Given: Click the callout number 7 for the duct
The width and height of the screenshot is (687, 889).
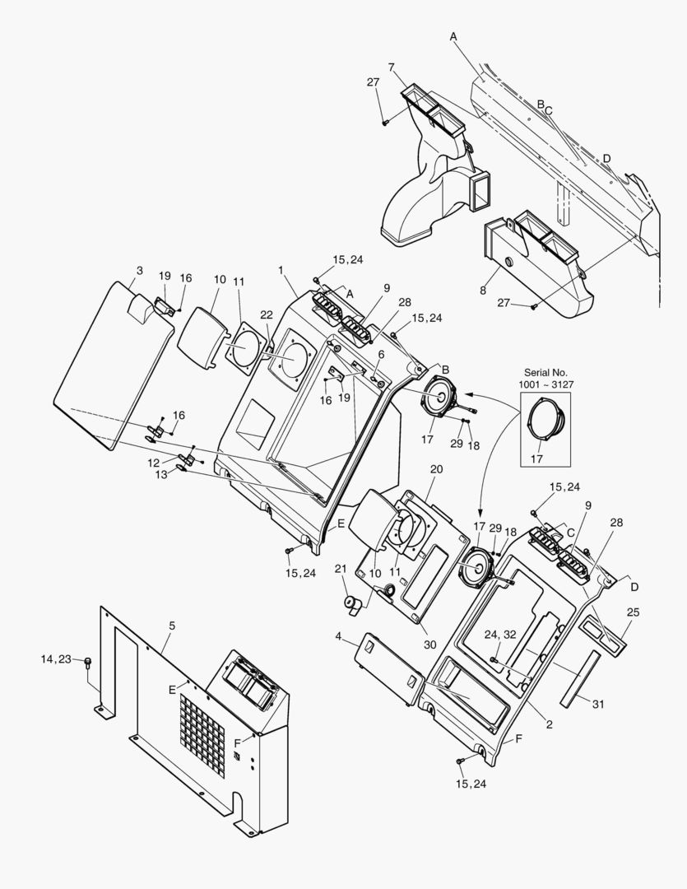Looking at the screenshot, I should [391, 67].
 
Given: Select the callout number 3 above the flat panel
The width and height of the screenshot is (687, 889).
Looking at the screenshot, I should [140, 270].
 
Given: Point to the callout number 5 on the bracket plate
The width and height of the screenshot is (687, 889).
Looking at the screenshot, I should [171, 626].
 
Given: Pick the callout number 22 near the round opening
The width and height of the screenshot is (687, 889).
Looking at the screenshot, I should [266, 315].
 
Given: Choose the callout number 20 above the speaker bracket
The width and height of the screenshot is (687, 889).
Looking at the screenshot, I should [436, 468].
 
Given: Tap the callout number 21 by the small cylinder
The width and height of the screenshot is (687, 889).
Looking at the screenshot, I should [341, 569].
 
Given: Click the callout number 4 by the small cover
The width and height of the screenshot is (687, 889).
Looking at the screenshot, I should [338, 635].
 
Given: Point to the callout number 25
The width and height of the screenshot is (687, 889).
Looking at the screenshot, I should [633, 612].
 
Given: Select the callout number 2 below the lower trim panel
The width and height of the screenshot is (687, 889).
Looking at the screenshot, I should [549, 725].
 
